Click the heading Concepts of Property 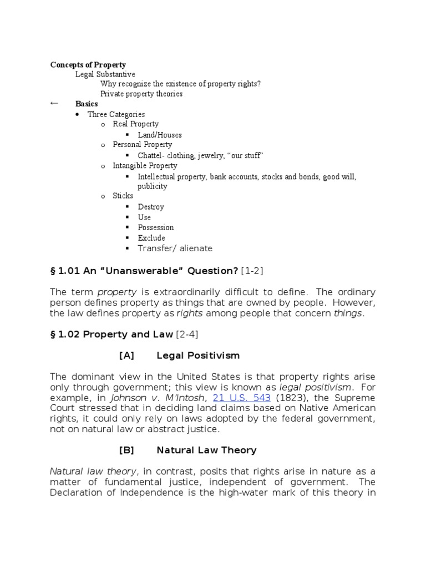tap(88, 65)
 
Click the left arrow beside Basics tap(54, 103)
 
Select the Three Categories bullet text tap(116, 114)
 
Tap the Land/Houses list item tap(160, 135)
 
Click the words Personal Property tap(143, 145)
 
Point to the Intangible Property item tap(145, 166)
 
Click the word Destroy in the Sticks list tap(151, 207)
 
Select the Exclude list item tap(151, 238)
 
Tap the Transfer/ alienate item tap(175, 248)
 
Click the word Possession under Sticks tap(156, 227)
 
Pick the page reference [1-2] tap(253, 270)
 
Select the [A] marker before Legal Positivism tap(126, 355)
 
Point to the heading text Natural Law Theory tap(206, 450)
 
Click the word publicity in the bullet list tap(153, 186)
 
